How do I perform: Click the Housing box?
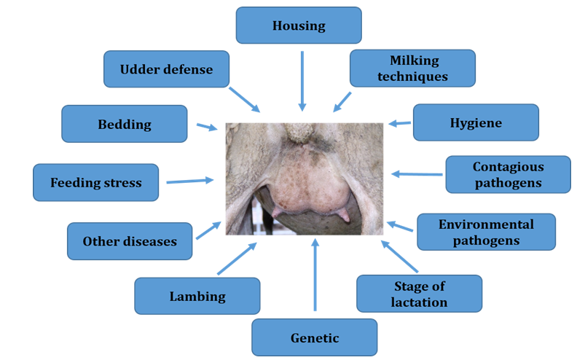tap(299, 26)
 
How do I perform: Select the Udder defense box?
tap(167, 69)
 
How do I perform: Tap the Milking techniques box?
tap(412, 69)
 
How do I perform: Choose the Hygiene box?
tap(476, 122)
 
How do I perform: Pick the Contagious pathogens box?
tap(508, 174)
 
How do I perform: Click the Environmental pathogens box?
tap(486, 232)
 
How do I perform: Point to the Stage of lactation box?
tap(419, 293)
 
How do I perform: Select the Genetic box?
tap(315, 337)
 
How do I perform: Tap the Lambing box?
tap(197, 296)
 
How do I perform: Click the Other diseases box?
tap(130, 241)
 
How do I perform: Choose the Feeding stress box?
tap(95, 182)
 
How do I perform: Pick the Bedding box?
tap(125, 124)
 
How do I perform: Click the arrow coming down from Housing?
tap(302, 82)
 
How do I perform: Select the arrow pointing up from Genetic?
tap(315, 275)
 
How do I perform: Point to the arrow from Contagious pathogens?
tap(417, 174)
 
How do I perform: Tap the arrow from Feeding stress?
tap(189, 181)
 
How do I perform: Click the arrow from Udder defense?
tap(245, 100)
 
